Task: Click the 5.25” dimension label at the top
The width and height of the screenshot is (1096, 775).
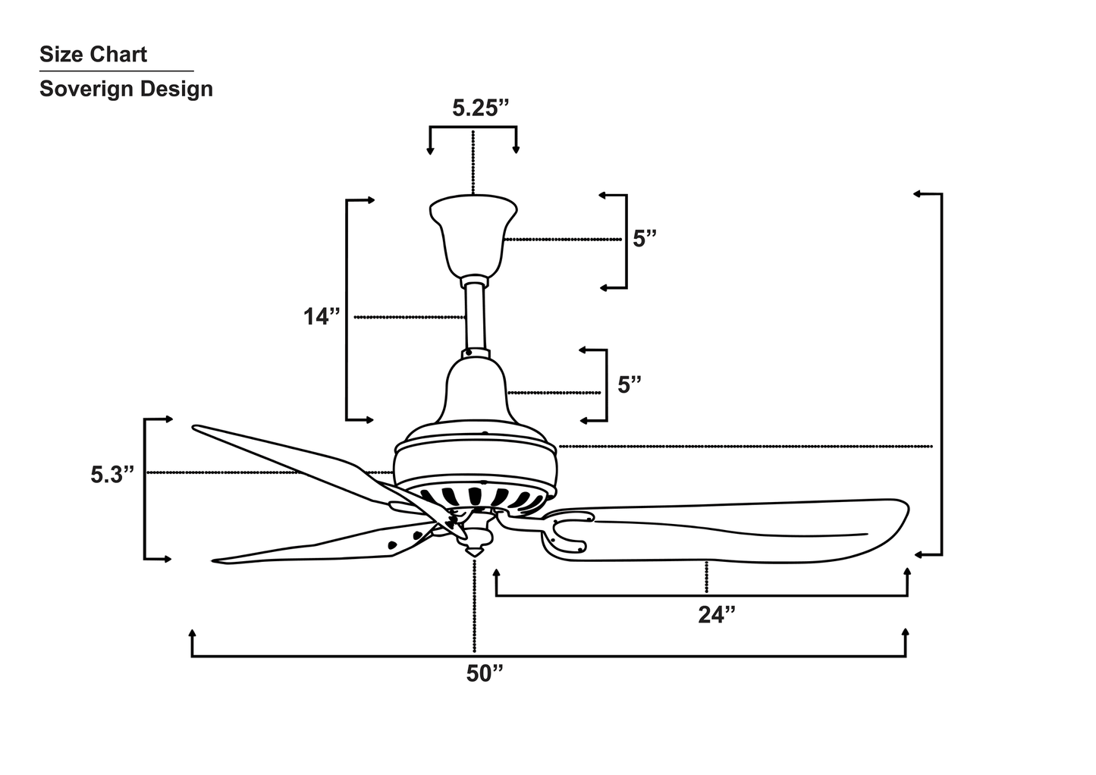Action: click(480, 108)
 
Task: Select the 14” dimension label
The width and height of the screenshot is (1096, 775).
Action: click(322, 316)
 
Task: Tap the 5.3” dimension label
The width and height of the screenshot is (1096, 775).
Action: click(112, 475)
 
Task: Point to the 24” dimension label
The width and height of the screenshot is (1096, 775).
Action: click(717, 615)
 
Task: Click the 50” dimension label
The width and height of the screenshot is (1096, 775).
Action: click(485, 673)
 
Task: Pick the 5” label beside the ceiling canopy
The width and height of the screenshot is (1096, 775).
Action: click(645, 239)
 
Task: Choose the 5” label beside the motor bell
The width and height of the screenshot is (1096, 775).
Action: click(630, 384)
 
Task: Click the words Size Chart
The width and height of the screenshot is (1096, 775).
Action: click(93, 55)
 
